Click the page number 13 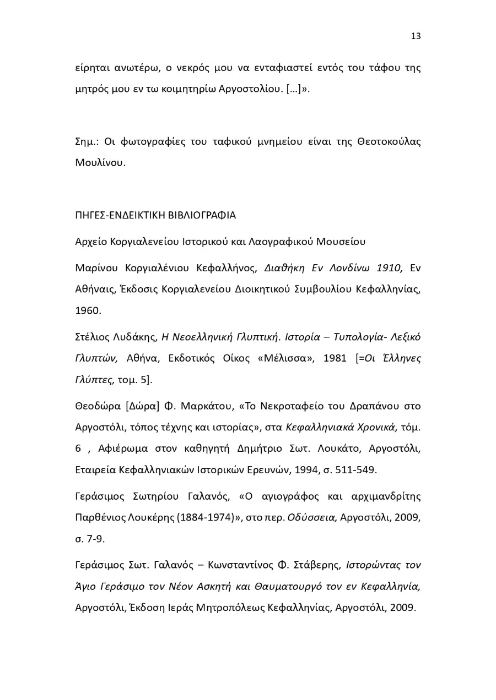(416, 36)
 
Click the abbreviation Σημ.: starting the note (87, 141)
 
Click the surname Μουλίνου (100, 163)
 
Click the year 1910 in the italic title (390, 268)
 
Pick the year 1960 (88, 310)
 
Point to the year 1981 (335, 358)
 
